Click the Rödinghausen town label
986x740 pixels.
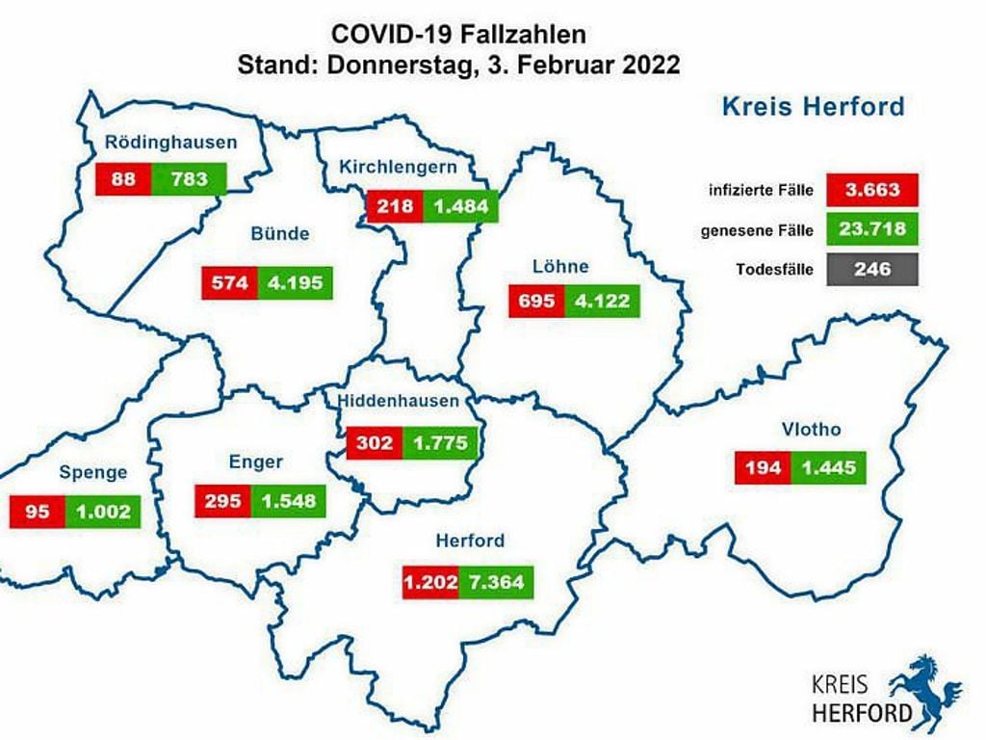pyautogui.click(x=170, y=143)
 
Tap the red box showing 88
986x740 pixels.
pyautogui.click(x=121, y=178)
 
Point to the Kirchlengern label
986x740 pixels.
pyautogui.click(x=397, y=168)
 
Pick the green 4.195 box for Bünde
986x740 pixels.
pyautogui.click(x=294, y=283)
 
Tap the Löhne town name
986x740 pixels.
pyautogui.click(x=559, y=266)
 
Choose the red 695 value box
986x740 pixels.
pyautogui.click(x=536, y=302)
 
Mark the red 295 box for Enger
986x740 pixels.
pyautogui.click(x=222, y=501)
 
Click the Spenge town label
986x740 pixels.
pyautogui.click(x=93, y=472)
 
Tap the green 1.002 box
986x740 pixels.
pyautogui.click(x=103, y=512)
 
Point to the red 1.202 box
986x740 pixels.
pyautogui.click(x=430, y=582)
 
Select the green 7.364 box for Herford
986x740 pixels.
pyautogui.click(x=496, y=582)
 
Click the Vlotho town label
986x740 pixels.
pyautogui.click(x=813, y=430)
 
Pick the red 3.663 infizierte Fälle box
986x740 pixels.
pyautogui.click(x=872, y=190)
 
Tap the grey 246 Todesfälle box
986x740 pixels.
pyautogui.click(x=872, y=271)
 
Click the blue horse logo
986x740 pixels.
pyautogui.click(x=925, y=688)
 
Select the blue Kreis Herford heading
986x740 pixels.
pyautogui.click(x=813, y=106)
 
